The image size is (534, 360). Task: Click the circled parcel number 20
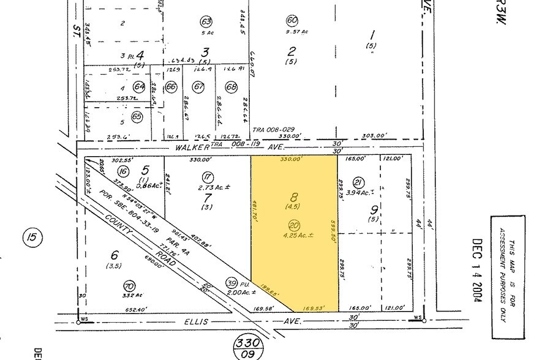pyautogui.click(x=295, y=225)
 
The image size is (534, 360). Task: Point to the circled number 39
pyautogui.click(x=232, y=282)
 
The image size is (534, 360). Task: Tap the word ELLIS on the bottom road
pyautogui.click(x=215, y=321)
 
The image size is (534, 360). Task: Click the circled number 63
pyautogui.click(x=206, y=22)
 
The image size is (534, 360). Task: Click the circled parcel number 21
pyautogui.click(x=359, y=182)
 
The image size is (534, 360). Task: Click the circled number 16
pyautogui.click(x=124, y=172)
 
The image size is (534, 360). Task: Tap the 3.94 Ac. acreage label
pyautogui.click(x=359, y=192)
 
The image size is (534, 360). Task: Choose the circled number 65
pyautogui.click(x=137, y=116)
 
